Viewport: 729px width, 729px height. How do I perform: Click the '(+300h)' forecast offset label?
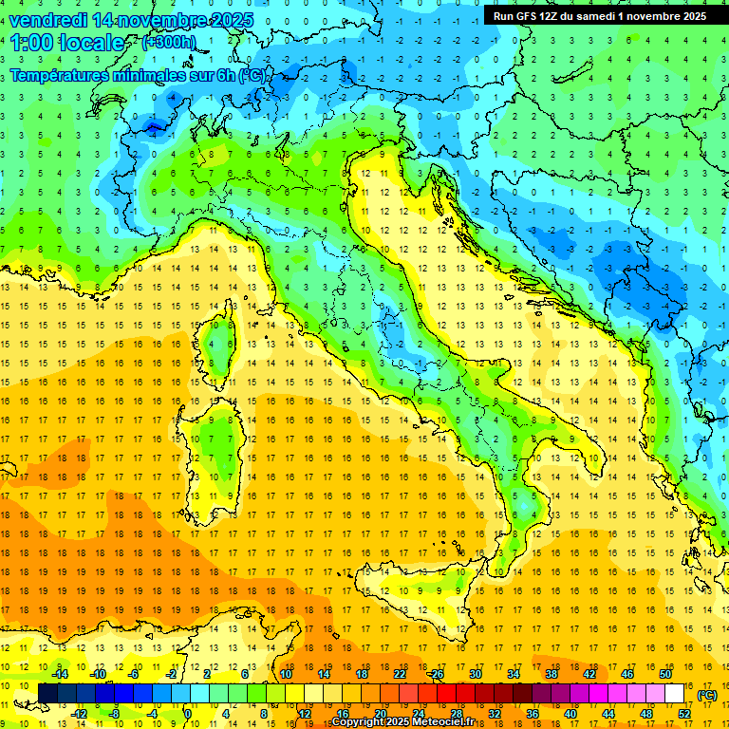tap(169, 43)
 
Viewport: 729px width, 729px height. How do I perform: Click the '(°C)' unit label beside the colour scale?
tap(706, 694)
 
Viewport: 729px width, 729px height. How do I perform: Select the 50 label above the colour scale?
tap(664, 674)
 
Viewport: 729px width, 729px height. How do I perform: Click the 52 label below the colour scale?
tap(684, 713)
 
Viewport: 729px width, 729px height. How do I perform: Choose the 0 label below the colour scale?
tap(188, 713)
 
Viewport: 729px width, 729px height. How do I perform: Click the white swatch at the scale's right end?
tap(674, 693)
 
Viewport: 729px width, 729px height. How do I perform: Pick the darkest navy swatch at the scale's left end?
tap(47, 693)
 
